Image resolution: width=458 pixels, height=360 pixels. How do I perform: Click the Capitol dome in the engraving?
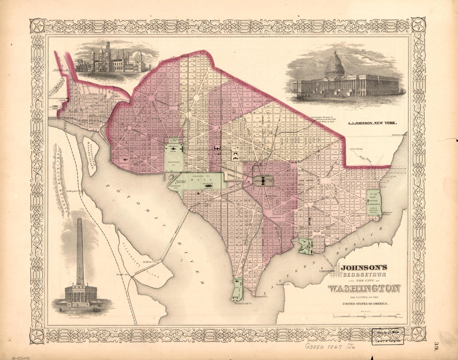(x=335, y=65)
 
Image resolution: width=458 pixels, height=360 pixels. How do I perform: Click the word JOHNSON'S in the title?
(x=364, y=268)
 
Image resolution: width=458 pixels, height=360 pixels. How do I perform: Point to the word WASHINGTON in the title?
(x=364, y=288)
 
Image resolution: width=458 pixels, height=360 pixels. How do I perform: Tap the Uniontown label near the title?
(x=327, y=271)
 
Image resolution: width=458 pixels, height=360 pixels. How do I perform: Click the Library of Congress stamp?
(x=388, y=336)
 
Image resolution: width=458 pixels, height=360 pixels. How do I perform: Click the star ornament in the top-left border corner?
(x=37, y=26)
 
